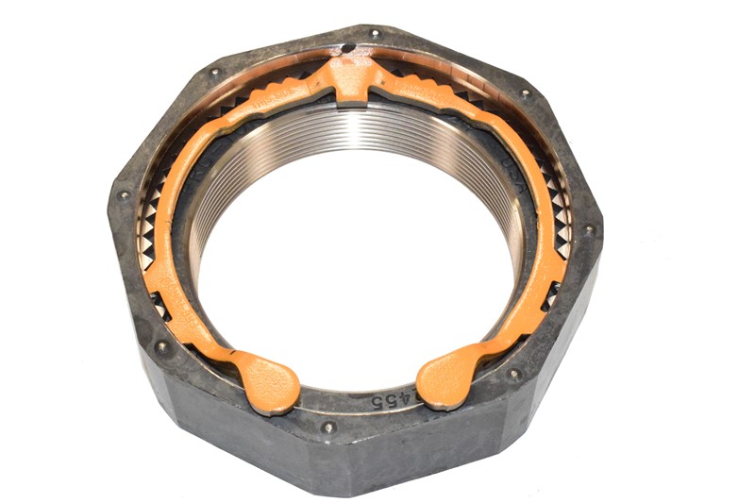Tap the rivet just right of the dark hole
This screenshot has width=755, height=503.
tap(376, 35)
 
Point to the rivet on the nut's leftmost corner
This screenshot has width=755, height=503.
tap(124, 195)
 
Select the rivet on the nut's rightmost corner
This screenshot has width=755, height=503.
tap(589, 229)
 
